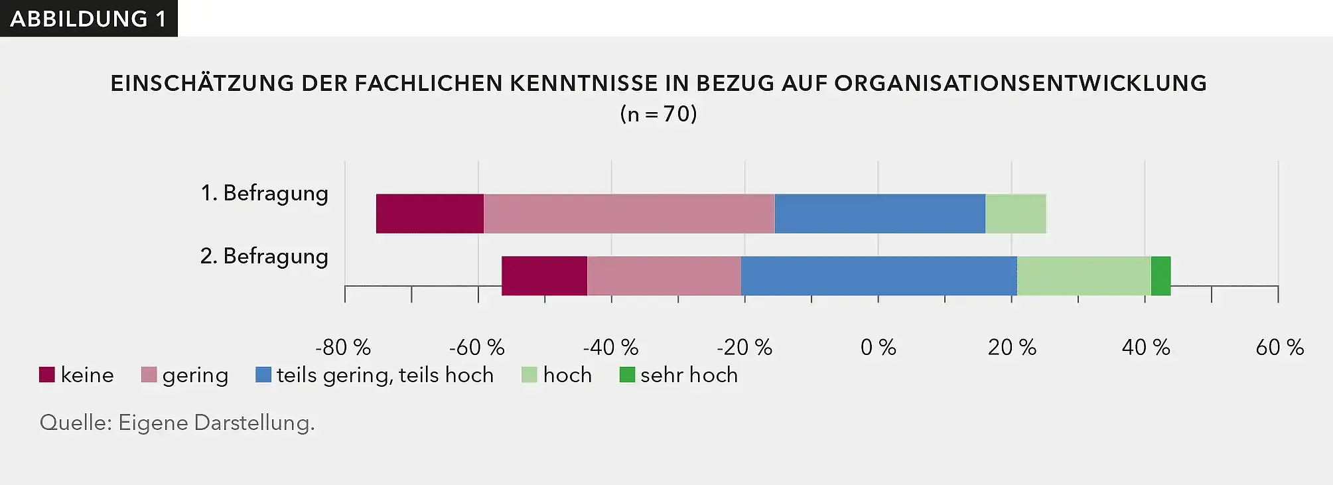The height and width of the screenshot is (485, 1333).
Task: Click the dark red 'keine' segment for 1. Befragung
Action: coord(430,214)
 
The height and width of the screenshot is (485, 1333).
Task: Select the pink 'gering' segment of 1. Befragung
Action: coord(629,214)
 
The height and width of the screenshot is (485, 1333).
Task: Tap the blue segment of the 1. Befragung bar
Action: coord(880,214)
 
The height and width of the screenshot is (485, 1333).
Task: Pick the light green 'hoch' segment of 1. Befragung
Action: coord(1016,214)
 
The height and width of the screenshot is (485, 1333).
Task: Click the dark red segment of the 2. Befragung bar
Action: coord(544,276)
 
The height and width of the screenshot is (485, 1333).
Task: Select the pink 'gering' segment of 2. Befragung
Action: coord(664,276)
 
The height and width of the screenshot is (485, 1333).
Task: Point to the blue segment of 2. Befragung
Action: coord(878,276)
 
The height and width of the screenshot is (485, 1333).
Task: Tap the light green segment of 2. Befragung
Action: coord(1084,276)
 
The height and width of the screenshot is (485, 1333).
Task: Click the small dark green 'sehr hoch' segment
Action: coord(1160,276)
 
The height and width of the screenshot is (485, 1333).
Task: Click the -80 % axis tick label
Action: coord(343,347)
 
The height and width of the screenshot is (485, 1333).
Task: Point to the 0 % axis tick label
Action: coord(878,347)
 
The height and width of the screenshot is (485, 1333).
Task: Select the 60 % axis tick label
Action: coord(1279,347)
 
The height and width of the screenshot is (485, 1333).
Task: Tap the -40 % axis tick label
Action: coord(610,347)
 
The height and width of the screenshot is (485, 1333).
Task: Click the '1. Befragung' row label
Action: coord(264,193)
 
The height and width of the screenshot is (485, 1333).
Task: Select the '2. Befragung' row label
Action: coord(264,256)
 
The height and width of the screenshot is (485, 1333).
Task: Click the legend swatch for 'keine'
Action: coord(47,375)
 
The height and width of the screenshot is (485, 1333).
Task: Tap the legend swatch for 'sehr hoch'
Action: coord(627,375)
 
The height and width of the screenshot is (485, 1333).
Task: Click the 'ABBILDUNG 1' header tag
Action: coord(88,19)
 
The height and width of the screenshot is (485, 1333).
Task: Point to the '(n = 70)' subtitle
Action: coord(658,114)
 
